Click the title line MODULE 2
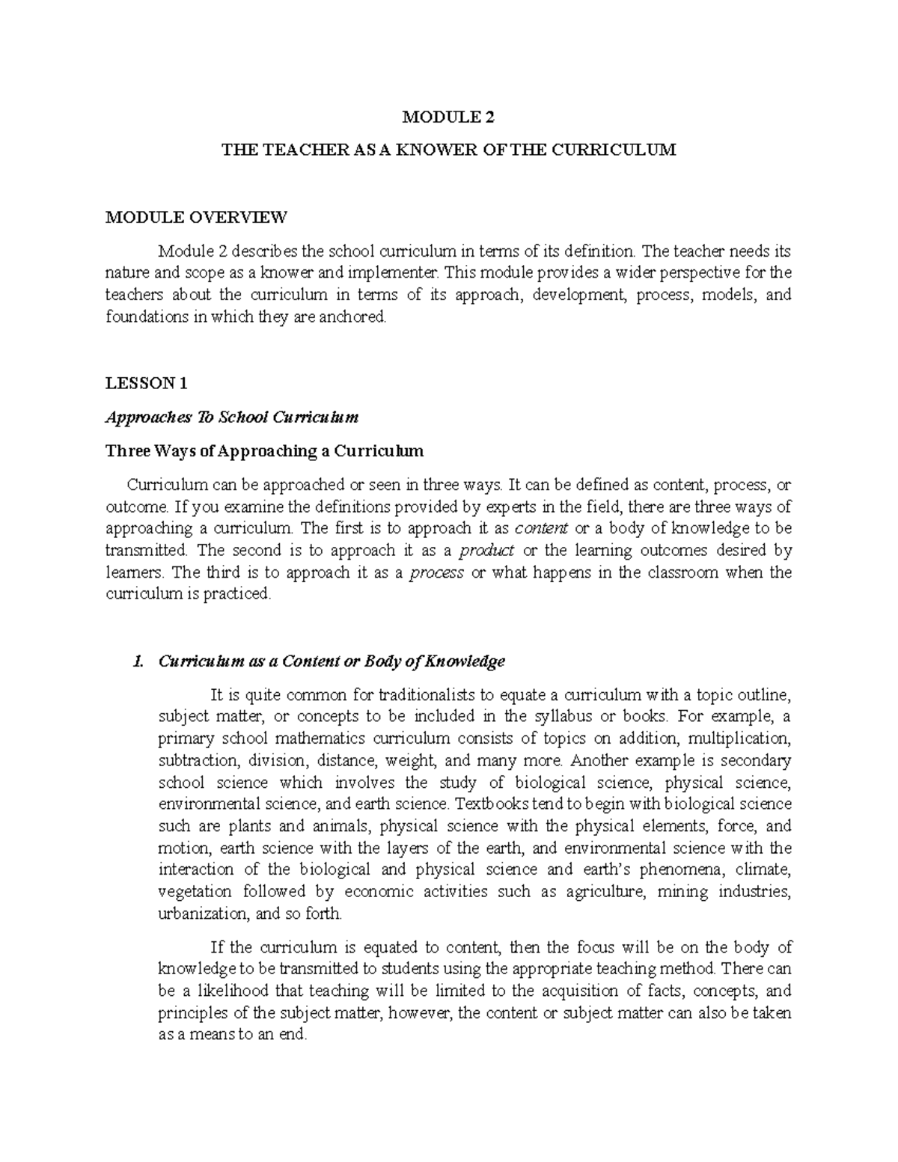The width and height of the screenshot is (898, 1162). (449, 117)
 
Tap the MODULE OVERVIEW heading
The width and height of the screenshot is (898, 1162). (195, 218)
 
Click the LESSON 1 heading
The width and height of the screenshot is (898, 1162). (146, 384)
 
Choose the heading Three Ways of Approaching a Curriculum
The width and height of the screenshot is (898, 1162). (265, 451)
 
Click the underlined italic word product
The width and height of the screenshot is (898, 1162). (486, 551)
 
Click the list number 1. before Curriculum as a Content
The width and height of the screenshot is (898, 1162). (136, 661)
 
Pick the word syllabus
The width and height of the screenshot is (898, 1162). (561, 716)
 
